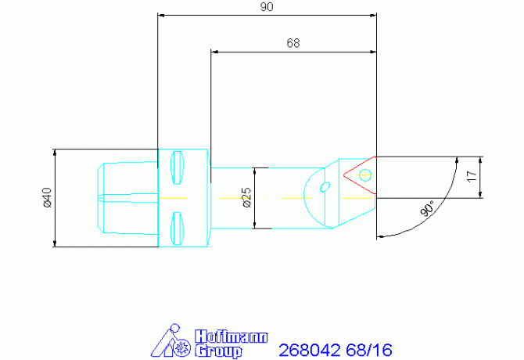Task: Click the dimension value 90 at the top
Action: (x=267, y=6)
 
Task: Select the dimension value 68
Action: (x=293, y=43)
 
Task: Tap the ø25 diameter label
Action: (x=246, y=198)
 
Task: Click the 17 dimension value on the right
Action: (x=471, y=178)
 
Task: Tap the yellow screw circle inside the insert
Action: (x=364, y=175)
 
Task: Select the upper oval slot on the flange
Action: (x=175, y=165)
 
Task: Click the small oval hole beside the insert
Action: (x=325, y=185)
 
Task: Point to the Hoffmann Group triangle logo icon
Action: (x=171, y=341)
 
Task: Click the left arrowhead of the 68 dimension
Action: (x=214, y=52)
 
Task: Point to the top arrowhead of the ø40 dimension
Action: (x=54, y=153)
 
